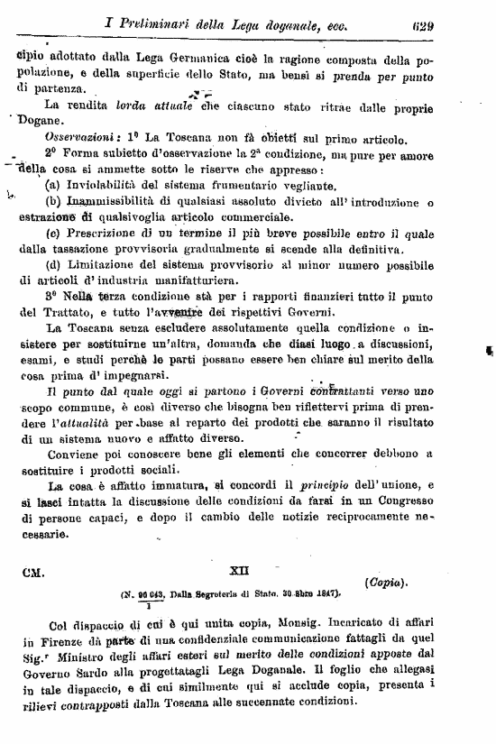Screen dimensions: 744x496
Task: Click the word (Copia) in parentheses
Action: click(x=389, y=583)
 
